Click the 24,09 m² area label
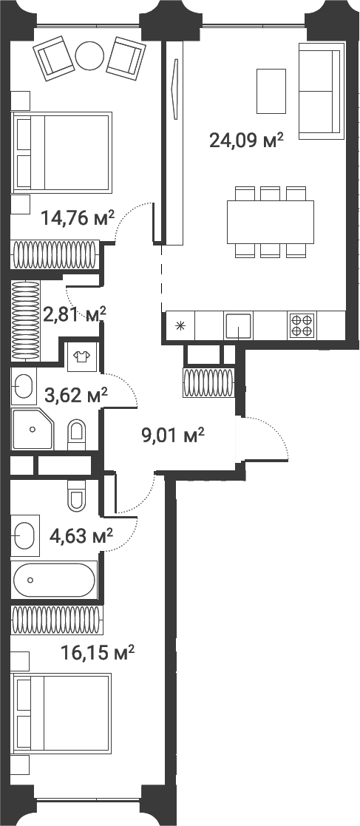click(x=246, y=140)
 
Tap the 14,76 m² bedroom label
click(x=78, y=217)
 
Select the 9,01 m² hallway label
click(x=172, y=434)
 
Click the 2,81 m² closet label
click(x=74, y=314)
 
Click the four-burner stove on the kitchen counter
click(x=301, y=325)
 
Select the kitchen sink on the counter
click(x=239, y=325)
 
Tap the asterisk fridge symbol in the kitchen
click(x=180, y=325)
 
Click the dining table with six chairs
click(x=271, y=222)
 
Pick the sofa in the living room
click(x=321, y=91)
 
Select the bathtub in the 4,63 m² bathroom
click(x=54, y=580)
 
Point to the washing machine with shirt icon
click(x=81, y=357)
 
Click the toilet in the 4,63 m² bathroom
click(x=77, y=495)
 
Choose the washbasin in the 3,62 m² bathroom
click(x=24, y=387)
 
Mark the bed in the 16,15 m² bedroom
click(x=62, y=714)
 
